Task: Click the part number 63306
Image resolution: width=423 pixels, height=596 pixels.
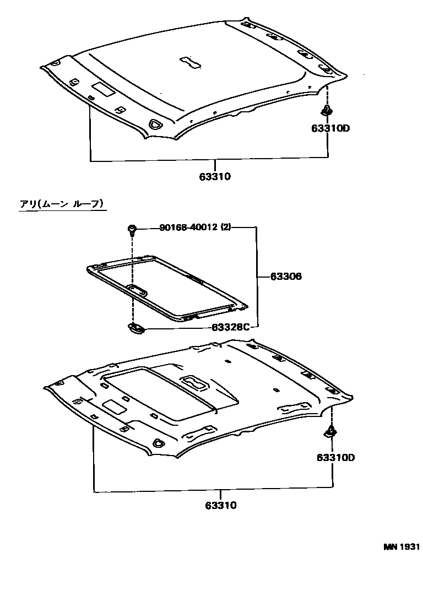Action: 286,277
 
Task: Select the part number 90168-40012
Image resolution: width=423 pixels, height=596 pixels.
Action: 189,227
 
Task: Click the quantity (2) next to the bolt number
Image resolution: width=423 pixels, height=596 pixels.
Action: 226,227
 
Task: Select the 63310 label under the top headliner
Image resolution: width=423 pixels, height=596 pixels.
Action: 215,177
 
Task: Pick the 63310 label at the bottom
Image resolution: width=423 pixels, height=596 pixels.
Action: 221,505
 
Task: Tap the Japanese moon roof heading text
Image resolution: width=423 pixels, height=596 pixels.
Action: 62,204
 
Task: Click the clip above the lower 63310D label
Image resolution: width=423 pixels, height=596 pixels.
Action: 331,432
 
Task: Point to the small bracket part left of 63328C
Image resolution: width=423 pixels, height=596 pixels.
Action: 135,328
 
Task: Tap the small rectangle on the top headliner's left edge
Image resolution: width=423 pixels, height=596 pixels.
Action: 103,89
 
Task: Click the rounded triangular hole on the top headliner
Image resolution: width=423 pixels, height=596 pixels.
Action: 156,124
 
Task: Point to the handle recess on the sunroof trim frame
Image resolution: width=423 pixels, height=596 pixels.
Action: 138,289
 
